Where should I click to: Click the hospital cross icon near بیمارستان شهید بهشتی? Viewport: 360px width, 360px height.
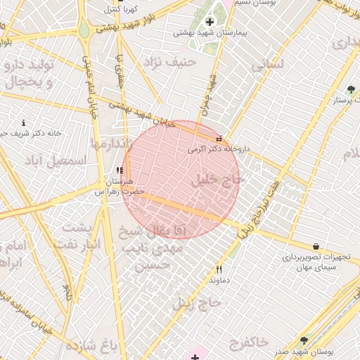coord(209,22)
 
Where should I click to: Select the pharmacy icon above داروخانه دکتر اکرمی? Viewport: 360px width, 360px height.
coord(221,139)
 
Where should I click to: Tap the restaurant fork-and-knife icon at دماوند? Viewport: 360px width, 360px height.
coord(219,269)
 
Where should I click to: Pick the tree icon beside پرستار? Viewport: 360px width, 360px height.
coord(350,89)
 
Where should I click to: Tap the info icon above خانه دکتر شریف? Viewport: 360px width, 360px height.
coord(24,122)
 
